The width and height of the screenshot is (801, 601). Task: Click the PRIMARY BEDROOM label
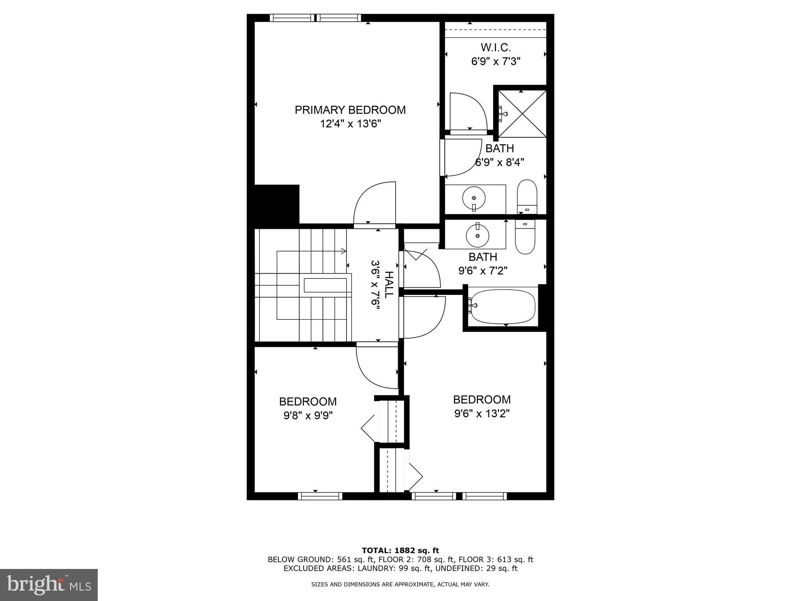point(350,110)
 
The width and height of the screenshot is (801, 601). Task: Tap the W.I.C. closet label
point(495,48)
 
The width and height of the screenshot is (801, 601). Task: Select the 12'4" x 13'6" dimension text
point(350,124)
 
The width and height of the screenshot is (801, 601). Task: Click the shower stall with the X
point(521,114)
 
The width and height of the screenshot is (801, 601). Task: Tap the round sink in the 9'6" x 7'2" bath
point(477,236)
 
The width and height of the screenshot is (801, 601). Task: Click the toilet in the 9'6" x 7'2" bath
point(525,236)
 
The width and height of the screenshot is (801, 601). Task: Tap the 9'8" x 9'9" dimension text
point(308,415)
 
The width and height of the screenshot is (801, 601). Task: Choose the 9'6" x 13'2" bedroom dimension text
point(481,413)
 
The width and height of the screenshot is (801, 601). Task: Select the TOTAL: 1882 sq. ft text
point(400,551)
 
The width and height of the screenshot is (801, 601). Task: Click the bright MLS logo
point(49,585)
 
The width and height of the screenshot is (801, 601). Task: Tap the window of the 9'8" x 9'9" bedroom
point(320,496)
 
